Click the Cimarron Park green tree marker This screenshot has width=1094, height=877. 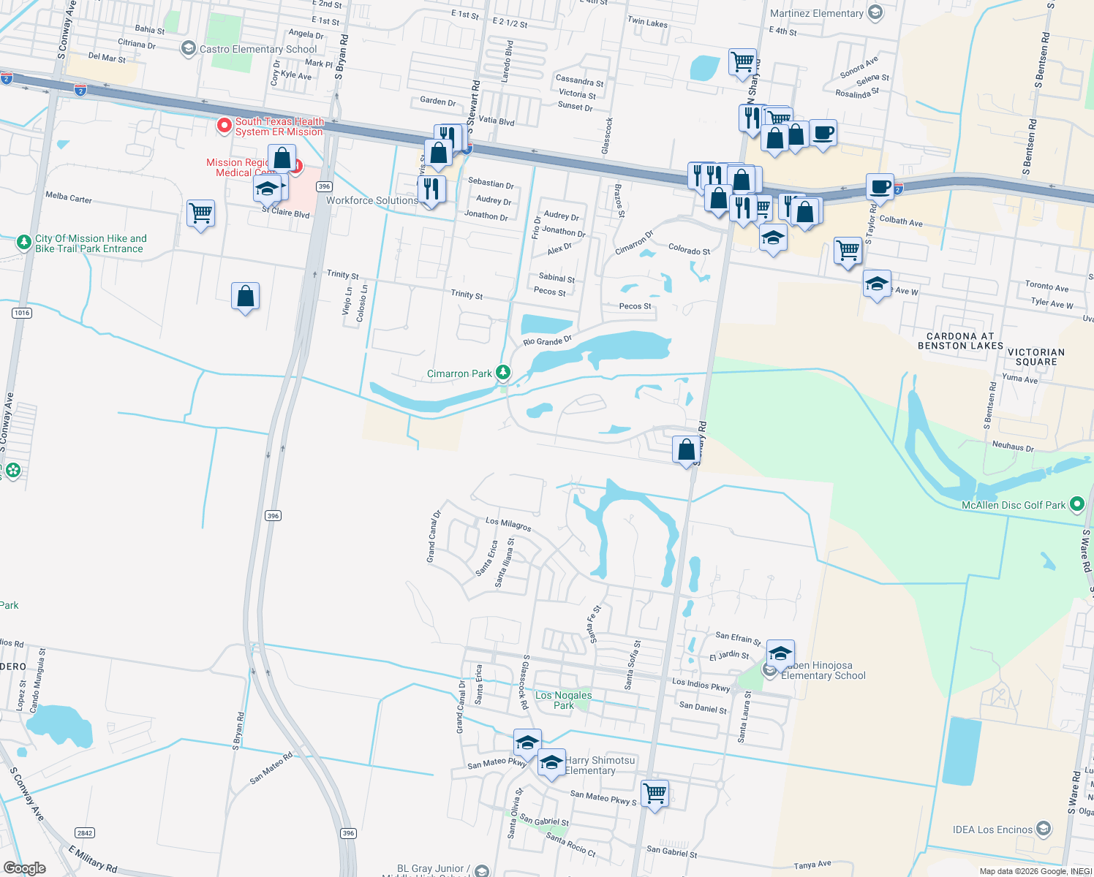[503, 373]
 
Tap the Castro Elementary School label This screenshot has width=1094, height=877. [258, 49]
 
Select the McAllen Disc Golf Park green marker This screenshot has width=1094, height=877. [1076, 504]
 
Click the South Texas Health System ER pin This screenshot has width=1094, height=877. [225, 126]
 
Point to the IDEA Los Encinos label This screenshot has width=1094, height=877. [992, 829]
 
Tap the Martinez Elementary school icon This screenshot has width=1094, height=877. [875, 12]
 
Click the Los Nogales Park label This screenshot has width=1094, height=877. [563, 700]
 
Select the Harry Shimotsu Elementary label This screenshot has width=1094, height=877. [600, 765]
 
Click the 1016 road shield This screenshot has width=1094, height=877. [22, 313]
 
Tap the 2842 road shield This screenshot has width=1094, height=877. [85, 833]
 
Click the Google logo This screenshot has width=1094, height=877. [25, 868]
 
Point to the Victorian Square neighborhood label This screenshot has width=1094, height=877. [1035, 357]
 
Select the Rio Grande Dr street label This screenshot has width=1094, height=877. [547, 341]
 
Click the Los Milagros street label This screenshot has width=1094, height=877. [508, 524]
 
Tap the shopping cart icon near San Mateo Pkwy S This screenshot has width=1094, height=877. [654, 792]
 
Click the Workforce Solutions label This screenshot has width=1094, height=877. [371, 200]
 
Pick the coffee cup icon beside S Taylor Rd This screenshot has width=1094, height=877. [880, 186]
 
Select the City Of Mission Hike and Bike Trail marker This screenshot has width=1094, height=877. [24, 241]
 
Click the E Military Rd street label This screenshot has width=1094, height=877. [93, 859]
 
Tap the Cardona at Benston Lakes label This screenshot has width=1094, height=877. [960, 341]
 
